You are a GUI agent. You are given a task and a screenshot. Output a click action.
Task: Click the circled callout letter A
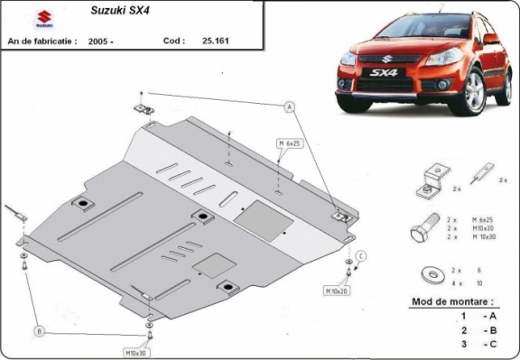click(291, 107)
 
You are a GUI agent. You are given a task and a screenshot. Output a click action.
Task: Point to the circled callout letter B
click(39, 331)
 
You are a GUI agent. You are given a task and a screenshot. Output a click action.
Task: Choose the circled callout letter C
click(359, 257)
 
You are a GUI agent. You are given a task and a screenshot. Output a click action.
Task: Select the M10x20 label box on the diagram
click(337, 291)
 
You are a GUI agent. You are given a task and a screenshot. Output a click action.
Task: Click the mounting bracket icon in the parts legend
click(431, 179)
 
